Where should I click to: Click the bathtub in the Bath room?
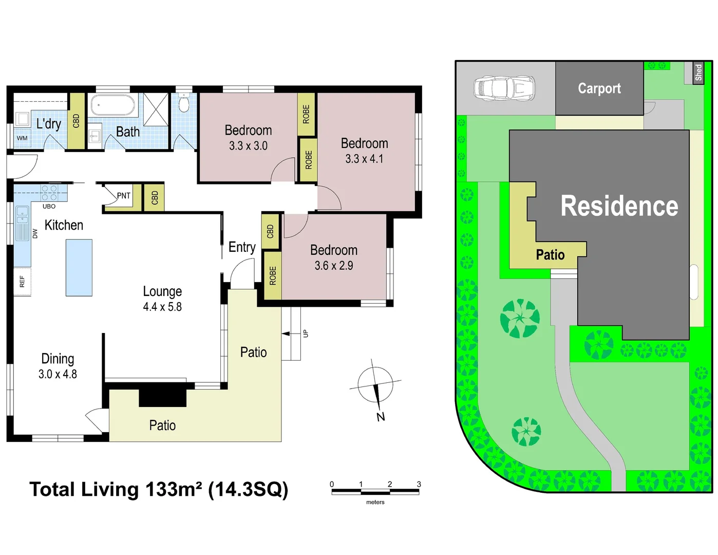point(112,105)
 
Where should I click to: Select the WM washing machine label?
point(22,138)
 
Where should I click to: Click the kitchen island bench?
point(79,267)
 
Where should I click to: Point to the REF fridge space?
point(22,282)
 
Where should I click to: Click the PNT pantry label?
point(124,195)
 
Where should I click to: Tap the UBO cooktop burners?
point(49,193)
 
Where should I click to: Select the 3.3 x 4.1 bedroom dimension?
point(364,159)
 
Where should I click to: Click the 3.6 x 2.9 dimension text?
point(334,266)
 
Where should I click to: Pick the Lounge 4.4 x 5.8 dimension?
point(162,307)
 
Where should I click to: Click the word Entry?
point(242,247)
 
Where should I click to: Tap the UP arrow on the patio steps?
point(286,334)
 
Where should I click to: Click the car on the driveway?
point(504,88)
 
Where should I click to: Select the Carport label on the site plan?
point(599,88)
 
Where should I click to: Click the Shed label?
point(698,72)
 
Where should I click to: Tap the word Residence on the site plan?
point(619,206)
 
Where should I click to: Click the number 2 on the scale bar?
point(390,484)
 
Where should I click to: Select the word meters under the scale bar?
point(375,502)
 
